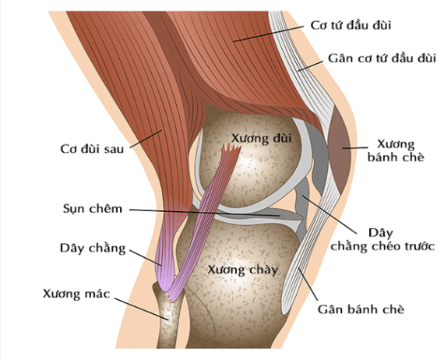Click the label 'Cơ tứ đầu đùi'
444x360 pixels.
tap(351, 25)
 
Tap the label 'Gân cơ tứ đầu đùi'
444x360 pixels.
tap(382, 58)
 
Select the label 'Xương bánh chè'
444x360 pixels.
tap(396, 150)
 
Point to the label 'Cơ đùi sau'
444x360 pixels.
tap(92, 149)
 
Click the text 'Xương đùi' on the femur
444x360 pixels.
tap(262, 139)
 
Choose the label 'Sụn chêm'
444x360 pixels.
tap(93, 209)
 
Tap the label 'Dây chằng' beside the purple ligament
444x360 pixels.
tap(93, 249)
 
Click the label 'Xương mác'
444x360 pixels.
tap(76, 294)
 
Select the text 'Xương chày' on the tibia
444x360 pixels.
tap(243, 270)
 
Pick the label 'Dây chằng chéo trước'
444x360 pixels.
tap(382, 240)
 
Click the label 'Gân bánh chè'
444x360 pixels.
tap(361, 309)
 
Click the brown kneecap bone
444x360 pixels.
tap(340, 150)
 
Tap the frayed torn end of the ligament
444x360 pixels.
tap(231, 148)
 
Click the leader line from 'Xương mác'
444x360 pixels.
tap(142, 309)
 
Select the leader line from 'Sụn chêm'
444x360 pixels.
tap(205, 213)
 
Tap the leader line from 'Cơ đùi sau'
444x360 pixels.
tap(146, 139)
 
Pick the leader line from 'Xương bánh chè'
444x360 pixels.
tap(355, 147)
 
